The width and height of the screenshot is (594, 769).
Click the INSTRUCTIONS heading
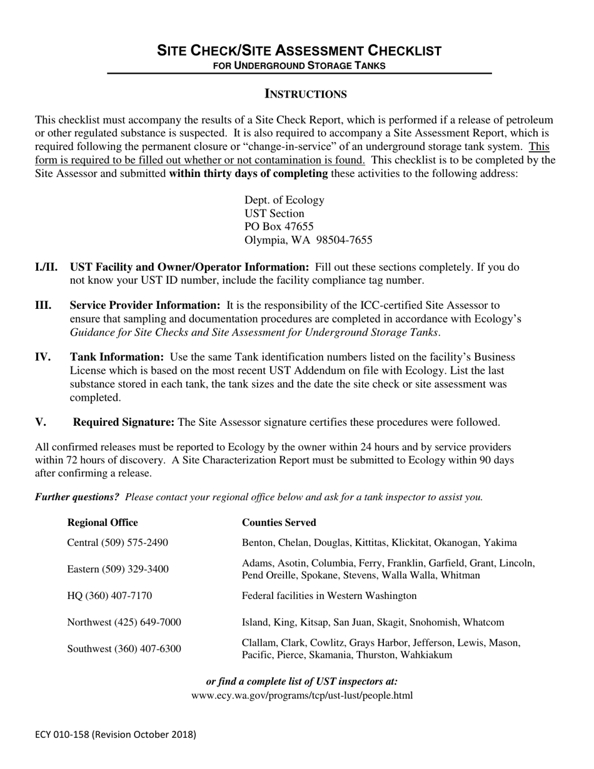[306, 94]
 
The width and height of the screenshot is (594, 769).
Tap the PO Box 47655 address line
[279, 226]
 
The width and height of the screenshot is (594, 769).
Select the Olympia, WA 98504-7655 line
[308, 240]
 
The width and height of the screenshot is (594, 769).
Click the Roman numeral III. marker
[44, 305]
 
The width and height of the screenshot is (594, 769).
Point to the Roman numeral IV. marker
[43, 357]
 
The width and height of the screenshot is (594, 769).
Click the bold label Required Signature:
[124, 422]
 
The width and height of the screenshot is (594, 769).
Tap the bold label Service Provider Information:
[144, 305]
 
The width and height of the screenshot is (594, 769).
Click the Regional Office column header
[103, 523]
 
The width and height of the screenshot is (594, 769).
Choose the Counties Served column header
[279, 523]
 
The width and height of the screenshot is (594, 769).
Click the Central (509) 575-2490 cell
[118, 543]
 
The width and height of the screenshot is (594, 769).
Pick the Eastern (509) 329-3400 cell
[118, 569]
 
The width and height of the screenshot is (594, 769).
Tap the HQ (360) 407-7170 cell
[109, 596]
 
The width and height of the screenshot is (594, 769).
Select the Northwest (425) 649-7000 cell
[124, 623]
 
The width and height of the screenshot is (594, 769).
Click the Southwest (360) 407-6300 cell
[124, 649]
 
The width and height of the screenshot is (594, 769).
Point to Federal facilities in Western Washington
[329, 596]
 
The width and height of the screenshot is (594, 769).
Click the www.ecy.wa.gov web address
[302, 695]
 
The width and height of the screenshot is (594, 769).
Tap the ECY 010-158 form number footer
[115, 735]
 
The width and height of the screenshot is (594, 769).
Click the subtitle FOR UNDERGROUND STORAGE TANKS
[299, 65]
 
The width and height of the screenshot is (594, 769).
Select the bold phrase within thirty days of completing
[248, 174]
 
